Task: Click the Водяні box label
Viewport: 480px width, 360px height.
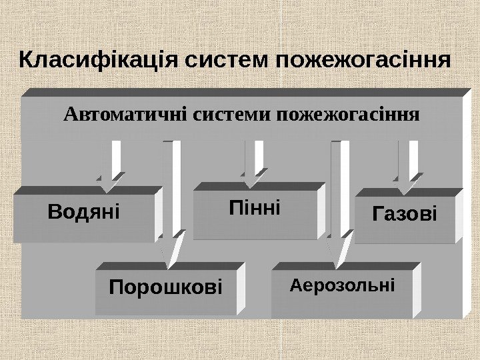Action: click(x=84, y=213)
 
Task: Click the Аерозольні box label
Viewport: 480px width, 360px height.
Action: click(x=343, y=286)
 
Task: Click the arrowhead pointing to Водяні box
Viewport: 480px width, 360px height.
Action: click(x=110, y=178)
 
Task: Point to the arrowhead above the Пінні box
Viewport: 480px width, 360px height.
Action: click(x=253, y=178)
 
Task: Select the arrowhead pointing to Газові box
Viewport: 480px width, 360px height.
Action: click(x=407, y=179)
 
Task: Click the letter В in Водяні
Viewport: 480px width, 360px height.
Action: click(x=55, y=213)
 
